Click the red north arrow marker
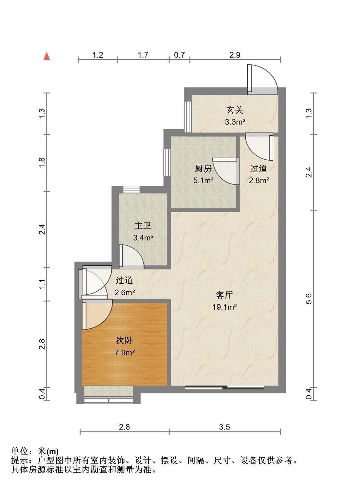(x=47, y=56)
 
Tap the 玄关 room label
(x=235, y=110)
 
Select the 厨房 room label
(x=203, y=168)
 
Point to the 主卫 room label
(x=143, y=226)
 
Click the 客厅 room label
(x=224, y=295)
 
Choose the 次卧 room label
(x=124, y=340)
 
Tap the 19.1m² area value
(x=224, y=307)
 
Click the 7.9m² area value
(x=124, y=352)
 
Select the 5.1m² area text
(x=203, y=181)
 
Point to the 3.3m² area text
(x=235, y=122)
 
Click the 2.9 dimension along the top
(x=235, y=55)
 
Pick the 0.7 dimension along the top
(x=179, y=55)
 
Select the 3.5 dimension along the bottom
(x=224, y=427)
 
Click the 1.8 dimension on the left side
(x=42, y=163)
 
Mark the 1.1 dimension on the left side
(x=42, y=284)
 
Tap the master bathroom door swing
(x=131, y=256)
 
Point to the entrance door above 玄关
(x=262, y=78)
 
